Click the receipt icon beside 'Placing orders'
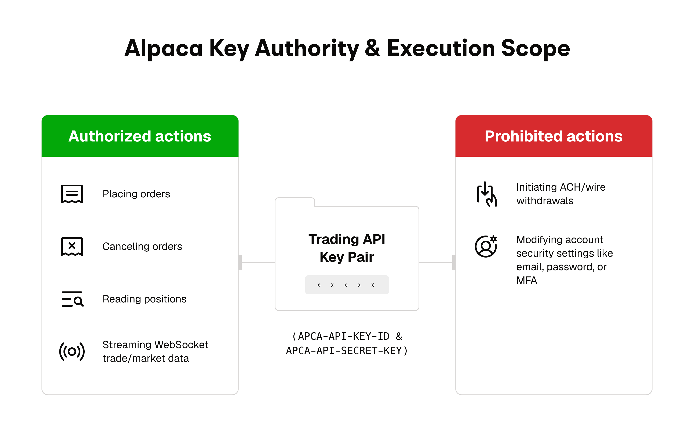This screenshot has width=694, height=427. click(x=72, y=194)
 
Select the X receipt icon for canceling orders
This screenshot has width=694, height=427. click(x=72, y=247)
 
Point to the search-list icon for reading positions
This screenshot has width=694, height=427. click(x=73, y=299)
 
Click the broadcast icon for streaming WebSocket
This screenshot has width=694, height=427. click(x=72, y=351)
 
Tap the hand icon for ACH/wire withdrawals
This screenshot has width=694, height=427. click(x=487, y=194)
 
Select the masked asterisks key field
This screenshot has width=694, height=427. click(x=347, y=285)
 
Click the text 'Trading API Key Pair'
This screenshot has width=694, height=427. click(x=347, y=248)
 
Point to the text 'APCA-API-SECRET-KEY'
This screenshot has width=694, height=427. click(x=344, y=351)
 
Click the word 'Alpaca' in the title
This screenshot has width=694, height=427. click(x=164, y=49)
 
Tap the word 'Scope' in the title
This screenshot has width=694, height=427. click(x=536, y=49)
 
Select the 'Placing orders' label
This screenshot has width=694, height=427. click(x=136, y=194)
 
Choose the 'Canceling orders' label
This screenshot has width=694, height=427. click(x=142, y=247)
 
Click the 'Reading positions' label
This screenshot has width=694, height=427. click(x=145, y=299)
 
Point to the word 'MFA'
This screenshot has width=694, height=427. click(x=526, y=280)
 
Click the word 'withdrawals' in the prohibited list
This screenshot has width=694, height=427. click(x=545, y=201)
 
